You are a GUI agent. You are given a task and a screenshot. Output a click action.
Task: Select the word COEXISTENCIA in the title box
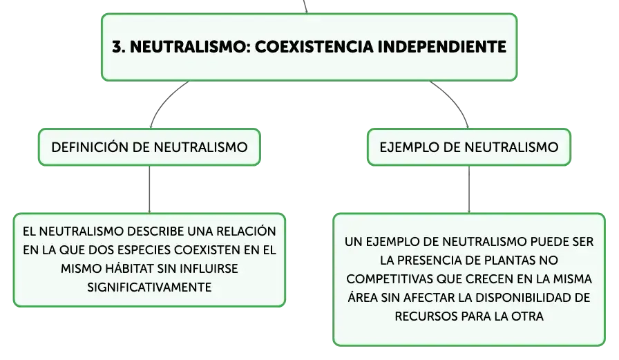pos(314,46)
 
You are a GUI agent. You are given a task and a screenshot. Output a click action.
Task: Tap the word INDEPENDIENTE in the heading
pos(441,46)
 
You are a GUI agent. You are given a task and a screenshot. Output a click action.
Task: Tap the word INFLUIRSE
pos(209,269)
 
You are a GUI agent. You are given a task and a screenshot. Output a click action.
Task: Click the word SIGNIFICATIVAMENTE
pos(149,287)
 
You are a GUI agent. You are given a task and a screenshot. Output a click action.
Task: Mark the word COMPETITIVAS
pos(390,279)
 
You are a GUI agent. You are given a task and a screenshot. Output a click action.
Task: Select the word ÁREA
pos(363,297)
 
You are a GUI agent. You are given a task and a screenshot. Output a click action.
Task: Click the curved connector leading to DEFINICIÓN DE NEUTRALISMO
pos(164,100)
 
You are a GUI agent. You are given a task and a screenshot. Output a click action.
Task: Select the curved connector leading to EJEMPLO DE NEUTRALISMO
pos(454,100)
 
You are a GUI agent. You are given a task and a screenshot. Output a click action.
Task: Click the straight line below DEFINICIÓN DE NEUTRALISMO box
pos(150,189)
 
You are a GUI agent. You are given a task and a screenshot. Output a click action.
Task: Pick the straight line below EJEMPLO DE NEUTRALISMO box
pos(469,189)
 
